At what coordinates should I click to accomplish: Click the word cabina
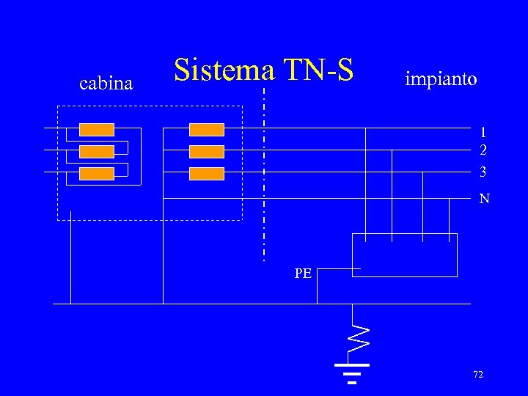click(106, 84)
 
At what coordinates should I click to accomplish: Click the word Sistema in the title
click(224, 70)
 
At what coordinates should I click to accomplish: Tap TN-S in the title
click(319, 70)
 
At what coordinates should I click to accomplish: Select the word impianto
click(441, 78)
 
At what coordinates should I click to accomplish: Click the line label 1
click(483, 133)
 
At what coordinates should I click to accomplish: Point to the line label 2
click(483, 150)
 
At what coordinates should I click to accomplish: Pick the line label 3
click(483, 172)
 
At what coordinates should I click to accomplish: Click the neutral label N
click(484, 199)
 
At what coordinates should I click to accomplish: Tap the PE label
click(303, 274)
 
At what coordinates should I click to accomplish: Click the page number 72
click(478, 375)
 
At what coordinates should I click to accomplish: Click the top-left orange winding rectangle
click(97, 130)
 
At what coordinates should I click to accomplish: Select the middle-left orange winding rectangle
click(97, 152)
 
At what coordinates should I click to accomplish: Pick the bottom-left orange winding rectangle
click(97, 174)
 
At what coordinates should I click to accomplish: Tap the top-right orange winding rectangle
click(207, 130)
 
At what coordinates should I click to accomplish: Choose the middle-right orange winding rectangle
click(207, 152)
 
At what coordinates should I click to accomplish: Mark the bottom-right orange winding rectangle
click(207, 174)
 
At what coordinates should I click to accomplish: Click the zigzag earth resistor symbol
click(357, 334)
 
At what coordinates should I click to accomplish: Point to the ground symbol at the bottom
click(352, 373)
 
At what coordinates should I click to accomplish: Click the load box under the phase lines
click(405, 255)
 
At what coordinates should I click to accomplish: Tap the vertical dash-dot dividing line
click(264, 176)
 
